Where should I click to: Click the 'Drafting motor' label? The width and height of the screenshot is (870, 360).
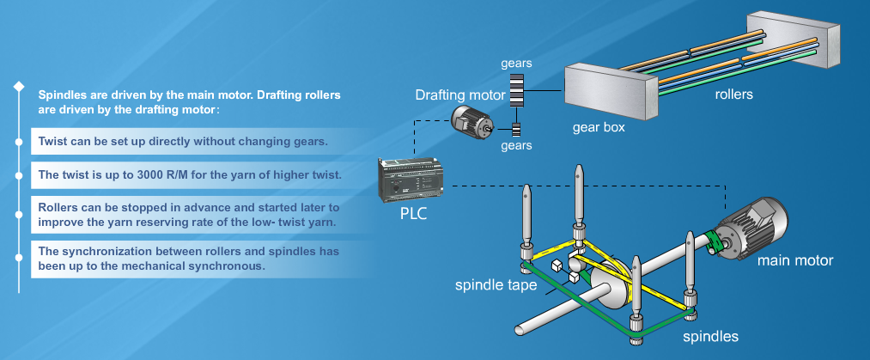[x=457, y=94]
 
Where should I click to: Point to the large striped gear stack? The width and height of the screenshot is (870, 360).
[x=516, y=88]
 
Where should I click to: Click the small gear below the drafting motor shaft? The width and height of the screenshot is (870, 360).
[x=516, y=130]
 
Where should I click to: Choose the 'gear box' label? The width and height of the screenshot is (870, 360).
[x=599, y=127]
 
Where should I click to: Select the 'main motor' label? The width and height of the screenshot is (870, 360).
[x=794, y=259]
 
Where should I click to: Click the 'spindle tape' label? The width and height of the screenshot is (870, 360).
[x=496, y=283]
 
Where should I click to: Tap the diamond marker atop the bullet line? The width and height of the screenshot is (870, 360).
[x=16, y=86]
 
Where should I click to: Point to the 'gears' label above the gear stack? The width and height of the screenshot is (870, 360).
[x=516, y=64]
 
